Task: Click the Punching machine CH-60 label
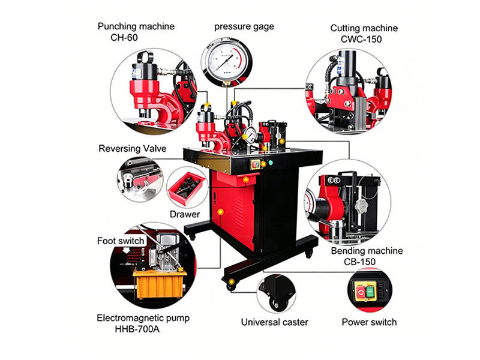pos(136,32)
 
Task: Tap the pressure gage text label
pos(244,27)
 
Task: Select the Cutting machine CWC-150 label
pos(364,34)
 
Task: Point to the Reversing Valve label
pos(132,148)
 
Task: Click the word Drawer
pos(185,214)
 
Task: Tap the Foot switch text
pos(121,241)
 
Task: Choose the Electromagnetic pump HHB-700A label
pos(143,323)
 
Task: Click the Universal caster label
pos(274,322)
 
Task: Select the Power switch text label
pos(369,322)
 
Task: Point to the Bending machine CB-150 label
pos(367,256)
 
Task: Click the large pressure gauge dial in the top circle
pos(227,59)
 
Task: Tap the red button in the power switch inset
pos(361,292)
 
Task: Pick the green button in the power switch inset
pos(371,292)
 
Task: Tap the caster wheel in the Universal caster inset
pos(277,303)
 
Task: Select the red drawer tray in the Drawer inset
pos(187,188)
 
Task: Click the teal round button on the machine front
pos(271,163)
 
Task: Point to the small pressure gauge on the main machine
pos(250,135)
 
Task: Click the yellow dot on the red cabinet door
pos(220,212)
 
